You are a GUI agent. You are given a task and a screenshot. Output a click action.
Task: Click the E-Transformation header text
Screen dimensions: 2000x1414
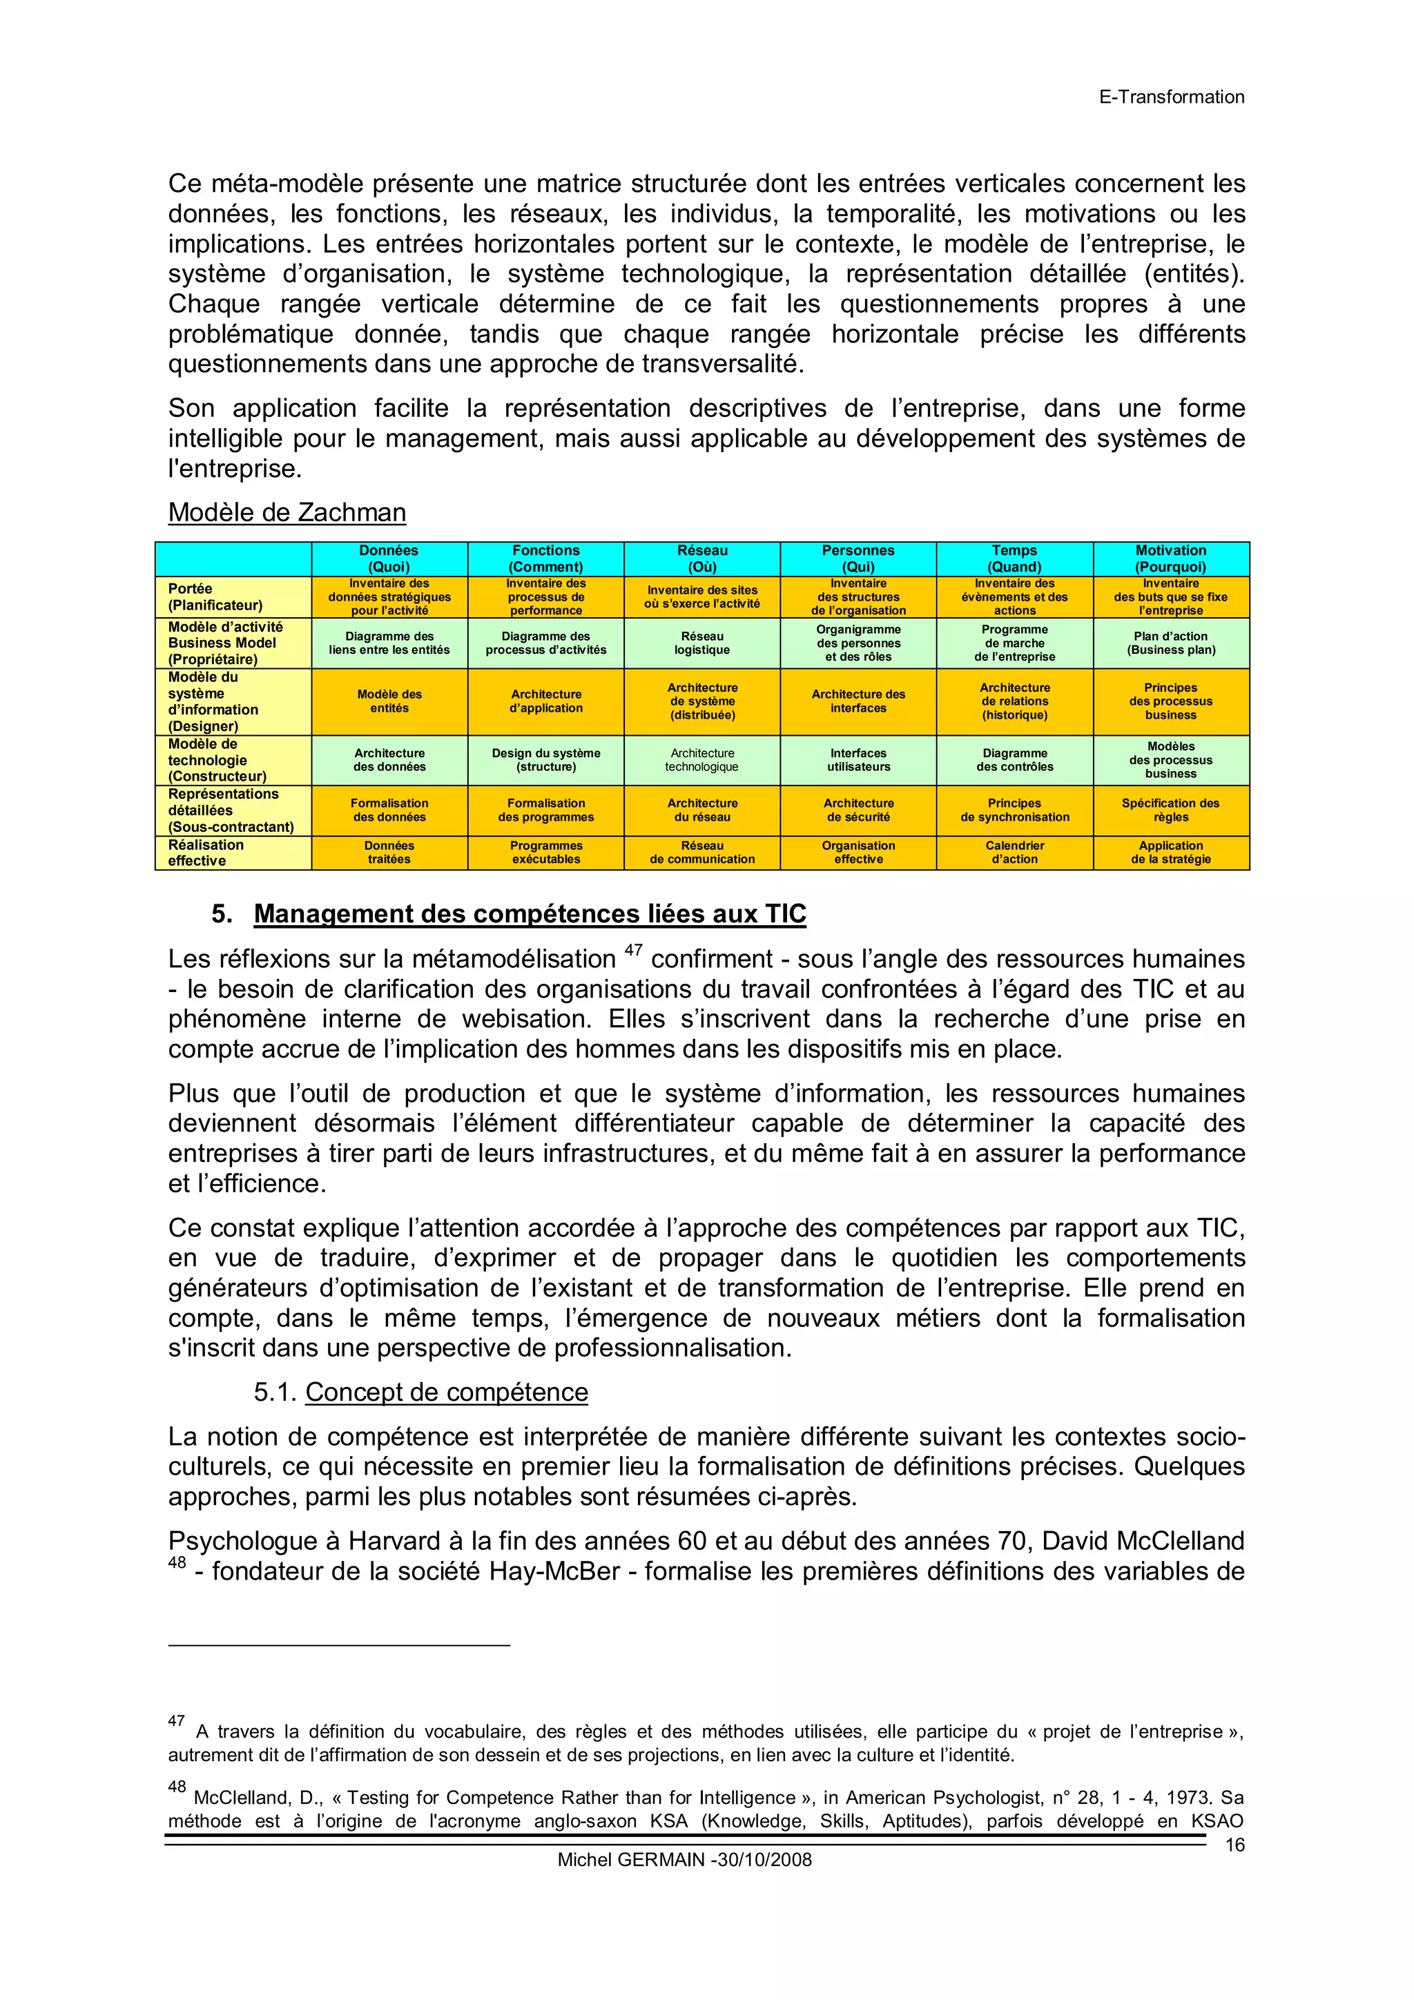(1171, 97)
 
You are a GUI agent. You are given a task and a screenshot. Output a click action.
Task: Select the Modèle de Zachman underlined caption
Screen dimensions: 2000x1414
(287, 512)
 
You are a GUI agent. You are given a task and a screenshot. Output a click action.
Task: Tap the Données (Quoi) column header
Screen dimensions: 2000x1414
(389, 559)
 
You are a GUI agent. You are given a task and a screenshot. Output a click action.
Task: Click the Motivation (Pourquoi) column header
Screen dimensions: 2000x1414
(1170, 559)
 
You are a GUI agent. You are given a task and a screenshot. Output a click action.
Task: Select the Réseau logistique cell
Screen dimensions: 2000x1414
(702, 643)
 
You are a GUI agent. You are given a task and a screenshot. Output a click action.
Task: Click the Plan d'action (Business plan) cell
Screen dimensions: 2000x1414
(1170, 643)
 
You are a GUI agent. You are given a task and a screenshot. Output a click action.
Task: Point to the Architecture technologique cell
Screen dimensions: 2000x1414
(701, 759)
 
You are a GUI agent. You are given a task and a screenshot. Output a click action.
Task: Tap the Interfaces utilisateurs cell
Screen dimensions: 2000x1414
(858, 759)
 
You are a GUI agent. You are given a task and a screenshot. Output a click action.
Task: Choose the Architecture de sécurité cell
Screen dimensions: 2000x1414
(858, 810)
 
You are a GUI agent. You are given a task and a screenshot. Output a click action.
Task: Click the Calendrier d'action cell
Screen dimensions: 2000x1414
(1014, 852)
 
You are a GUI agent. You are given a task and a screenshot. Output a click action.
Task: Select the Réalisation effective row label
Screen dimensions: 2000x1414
(206, 852)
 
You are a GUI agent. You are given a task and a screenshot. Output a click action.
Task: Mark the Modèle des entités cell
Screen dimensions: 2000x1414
(389, 701)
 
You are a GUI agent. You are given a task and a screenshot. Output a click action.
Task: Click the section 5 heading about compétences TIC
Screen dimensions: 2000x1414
(530, 914)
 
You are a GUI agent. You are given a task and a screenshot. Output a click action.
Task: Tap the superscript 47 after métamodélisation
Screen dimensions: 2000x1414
(633, 951)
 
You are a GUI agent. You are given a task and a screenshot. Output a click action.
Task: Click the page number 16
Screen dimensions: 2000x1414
(1234, 1845)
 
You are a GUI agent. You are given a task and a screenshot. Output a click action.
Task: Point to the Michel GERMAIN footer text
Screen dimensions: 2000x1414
(684, 1860)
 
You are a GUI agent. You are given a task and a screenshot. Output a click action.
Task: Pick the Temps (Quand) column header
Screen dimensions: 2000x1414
(1014, 559)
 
